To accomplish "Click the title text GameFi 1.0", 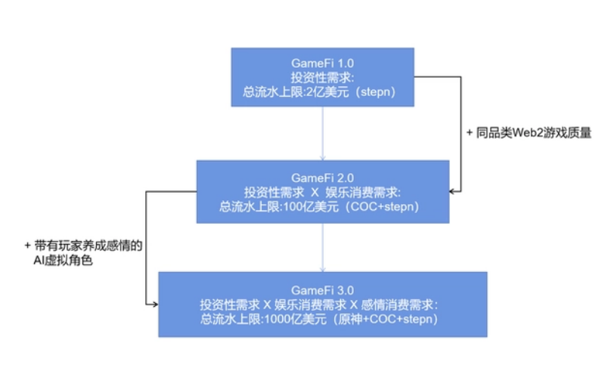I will coord(323,62).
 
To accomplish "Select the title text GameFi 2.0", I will coord(323,176).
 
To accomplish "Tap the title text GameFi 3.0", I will coord(323,290).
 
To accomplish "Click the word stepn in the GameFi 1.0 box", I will coord(381,92).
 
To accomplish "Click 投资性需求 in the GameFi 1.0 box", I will coord(323,77).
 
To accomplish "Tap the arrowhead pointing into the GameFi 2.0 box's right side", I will coord(453,191).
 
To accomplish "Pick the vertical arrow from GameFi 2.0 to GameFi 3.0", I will coord(323,247).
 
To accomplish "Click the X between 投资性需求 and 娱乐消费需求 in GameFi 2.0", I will coord(314,191).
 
